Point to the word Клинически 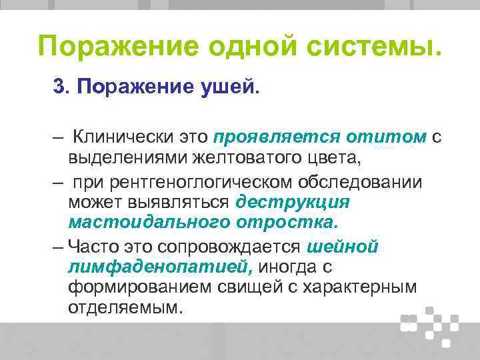[x=117, y=137]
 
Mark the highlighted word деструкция [x=293, y=201]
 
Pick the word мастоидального [x=149, y=221]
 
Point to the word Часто [x=98, y=247]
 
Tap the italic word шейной [x=343, y=247]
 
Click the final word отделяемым [x=124, y=308]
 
